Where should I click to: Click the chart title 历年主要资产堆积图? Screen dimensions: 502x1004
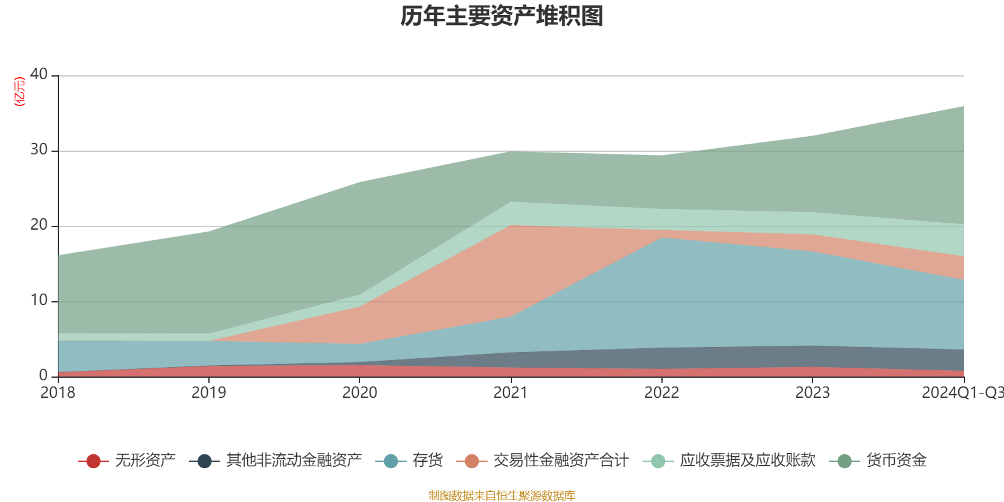tap(502, 16)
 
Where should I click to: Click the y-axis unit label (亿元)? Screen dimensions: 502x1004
tap(19, 92)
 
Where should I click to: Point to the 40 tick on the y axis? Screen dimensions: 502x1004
tap(39, 74)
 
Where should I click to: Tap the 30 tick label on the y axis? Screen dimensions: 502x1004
tap(39, 149)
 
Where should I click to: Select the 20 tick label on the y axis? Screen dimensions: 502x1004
tap(39, 225)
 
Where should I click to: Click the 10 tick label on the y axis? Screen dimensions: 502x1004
tap(39, 300)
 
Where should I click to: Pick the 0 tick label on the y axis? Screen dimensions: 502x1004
tap(43, 375)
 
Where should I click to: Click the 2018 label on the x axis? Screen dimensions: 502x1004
tap(58, 393)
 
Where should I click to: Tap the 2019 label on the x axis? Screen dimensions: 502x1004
tap(208, 393)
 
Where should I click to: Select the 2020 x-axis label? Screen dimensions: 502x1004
tap(360, 393)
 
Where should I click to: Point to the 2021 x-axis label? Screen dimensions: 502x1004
tap(511, 393)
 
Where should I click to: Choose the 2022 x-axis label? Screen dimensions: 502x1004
tap(661, 393)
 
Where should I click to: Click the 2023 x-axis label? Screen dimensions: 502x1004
tap(813, 393)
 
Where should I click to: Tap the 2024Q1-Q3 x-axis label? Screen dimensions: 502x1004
tap(962, 393)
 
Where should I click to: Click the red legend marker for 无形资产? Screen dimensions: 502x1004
tap(93, 461)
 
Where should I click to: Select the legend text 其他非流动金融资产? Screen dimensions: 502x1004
tap(294, 461)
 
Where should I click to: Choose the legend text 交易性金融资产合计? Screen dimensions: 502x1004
tap(560, 461)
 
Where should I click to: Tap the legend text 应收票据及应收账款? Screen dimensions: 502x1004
tap(747, 461)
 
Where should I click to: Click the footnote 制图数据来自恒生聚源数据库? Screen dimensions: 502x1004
tap(502, 496)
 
